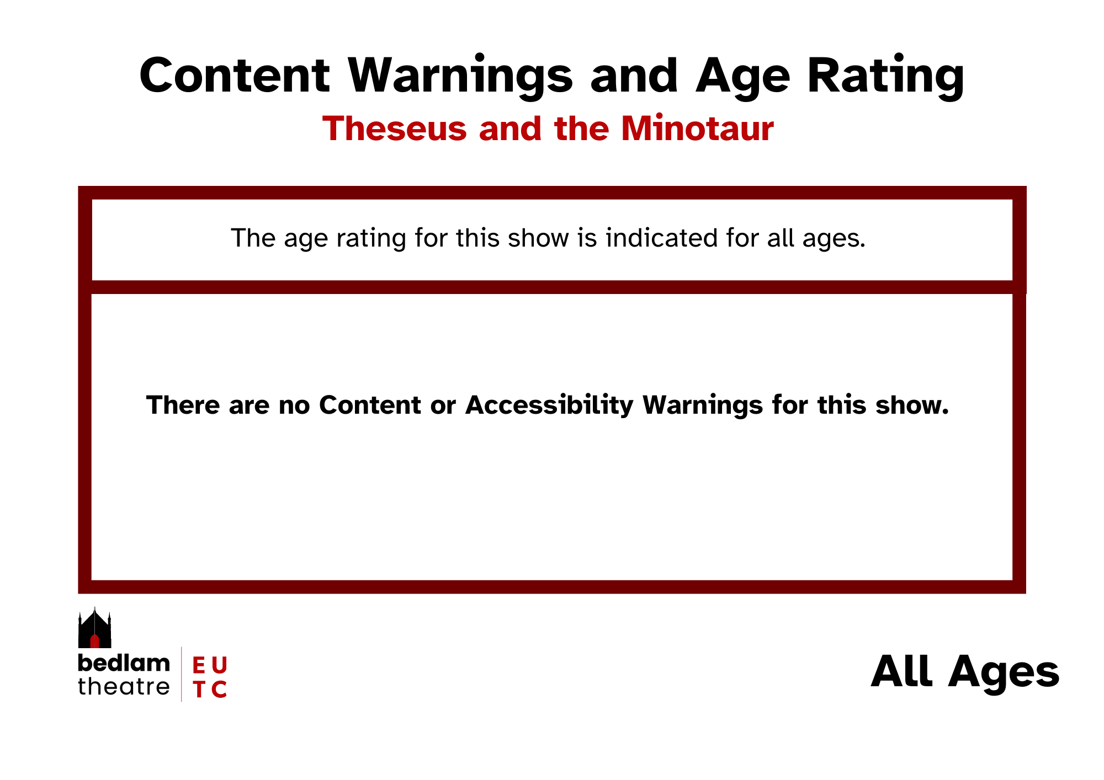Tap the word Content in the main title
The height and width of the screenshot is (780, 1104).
click(235, 75)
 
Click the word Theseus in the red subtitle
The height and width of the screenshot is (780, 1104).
click(395, 129)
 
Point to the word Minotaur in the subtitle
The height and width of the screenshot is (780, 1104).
click(697, 129)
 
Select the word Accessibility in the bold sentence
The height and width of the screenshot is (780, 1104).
click(550, 405)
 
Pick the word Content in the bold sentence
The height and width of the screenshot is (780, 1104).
click(370, 405)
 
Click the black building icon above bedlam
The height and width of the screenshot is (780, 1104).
click(94, 628)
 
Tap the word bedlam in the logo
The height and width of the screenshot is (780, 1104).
click(124, 663)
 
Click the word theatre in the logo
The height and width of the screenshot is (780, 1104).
click(124, 687)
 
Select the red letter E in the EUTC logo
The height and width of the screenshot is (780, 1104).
click(199, 666)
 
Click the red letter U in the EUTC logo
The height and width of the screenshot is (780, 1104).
click(219, 666)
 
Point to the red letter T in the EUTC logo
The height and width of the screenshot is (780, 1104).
click(199, 690)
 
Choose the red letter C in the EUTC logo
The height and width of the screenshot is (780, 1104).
click(219, 690)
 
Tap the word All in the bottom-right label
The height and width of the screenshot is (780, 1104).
click(902, 671)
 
